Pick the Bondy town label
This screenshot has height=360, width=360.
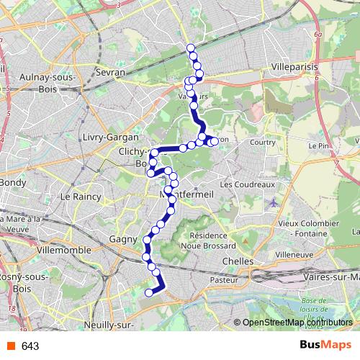click(14, 182)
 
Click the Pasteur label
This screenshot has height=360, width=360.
click(224, 279)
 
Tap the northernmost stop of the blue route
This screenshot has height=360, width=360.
click(191, 48)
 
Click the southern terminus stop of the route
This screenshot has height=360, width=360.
click(149, 292)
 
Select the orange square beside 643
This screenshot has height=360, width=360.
click(10, 346)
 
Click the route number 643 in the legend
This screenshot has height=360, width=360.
click(30, 346)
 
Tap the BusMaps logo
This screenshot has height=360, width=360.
click(325, 346)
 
